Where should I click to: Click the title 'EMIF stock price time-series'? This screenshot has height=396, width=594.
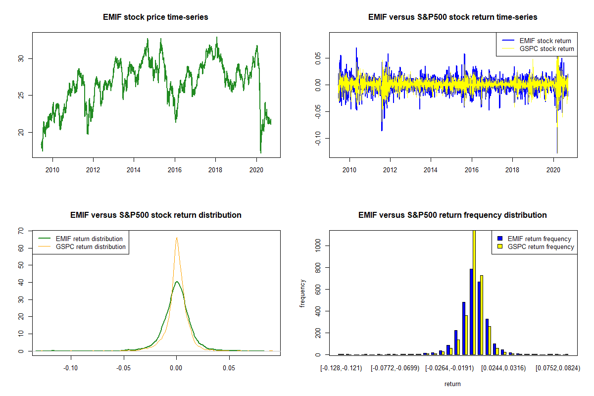155,17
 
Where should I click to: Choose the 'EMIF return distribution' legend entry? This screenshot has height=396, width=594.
90,239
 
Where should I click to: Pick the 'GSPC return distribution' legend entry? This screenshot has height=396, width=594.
91,247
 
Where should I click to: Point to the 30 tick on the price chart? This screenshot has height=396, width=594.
20,58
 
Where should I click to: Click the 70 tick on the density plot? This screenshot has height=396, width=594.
20,231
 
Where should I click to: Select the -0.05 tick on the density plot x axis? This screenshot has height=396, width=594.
123,368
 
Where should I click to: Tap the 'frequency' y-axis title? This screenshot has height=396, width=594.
302,293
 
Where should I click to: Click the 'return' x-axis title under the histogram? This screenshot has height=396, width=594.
452,384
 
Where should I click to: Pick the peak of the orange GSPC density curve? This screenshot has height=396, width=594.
176,238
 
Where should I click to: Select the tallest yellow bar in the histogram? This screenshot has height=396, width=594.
474,292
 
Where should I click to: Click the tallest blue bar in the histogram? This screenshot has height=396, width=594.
471,312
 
